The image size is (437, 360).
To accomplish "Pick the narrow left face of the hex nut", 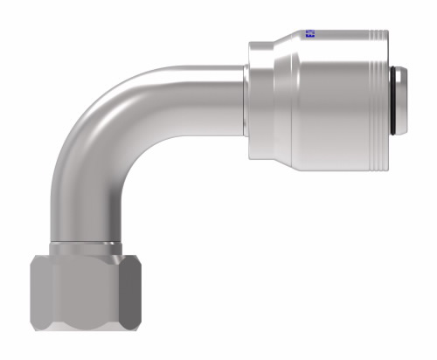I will [32, 297].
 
